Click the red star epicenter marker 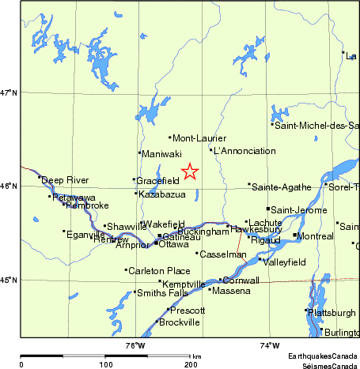click(x=190, y=171)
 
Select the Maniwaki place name click(x=162, y=153)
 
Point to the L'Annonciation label click(x=245, y=151)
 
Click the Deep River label click(x=65, y=180)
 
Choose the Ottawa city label click(x=174, y=244)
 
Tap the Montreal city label click(x=316, y=236)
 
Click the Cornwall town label click(x=241, y=281)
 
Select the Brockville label click(x=180, y=322)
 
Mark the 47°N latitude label click(x=9, y=93)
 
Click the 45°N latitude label click(x=9, y=280)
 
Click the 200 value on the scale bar click(x=191, y=364)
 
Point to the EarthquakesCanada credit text click(x=322, y=356)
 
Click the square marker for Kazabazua click(x=136, y=193)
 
